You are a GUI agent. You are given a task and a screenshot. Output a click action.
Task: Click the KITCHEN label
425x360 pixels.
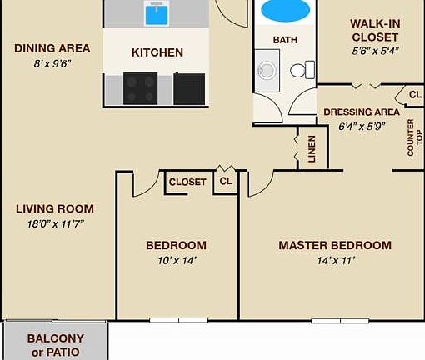[157, 52]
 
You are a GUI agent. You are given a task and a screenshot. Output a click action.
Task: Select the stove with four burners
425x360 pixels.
[141, 88]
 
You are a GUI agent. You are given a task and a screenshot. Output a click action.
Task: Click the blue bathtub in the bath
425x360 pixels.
[286, 11]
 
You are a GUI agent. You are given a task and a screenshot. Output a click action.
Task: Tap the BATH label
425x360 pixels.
[286, 39]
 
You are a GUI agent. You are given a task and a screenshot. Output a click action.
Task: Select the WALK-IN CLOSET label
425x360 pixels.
[374, 30]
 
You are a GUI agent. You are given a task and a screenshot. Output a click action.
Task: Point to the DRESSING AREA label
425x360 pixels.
[362, 112]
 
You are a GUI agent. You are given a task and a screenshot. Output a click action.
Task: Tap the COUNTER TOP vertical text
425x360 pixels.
[411, 137]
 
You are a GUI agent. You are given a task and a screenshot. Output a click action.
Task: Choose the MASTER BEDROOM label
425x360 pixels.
[335, 245]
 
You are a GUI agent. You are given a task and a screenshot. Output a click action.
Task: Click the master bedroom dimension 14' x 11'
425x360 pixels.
[335, 260]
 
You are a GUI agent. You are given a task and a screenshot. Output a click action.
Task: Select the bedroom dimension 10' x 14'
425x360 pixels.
[176, 260]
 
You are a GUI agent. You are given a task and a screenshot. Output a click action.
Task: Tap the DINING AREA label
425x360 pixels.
[52, 48]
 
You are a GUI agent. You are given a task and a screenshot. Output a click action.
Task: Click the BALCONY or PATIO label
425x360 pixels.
[56, 345]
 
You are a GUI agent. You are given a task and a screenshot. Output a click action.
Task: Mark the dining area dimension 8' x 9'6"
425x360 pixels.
[52, 63]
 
